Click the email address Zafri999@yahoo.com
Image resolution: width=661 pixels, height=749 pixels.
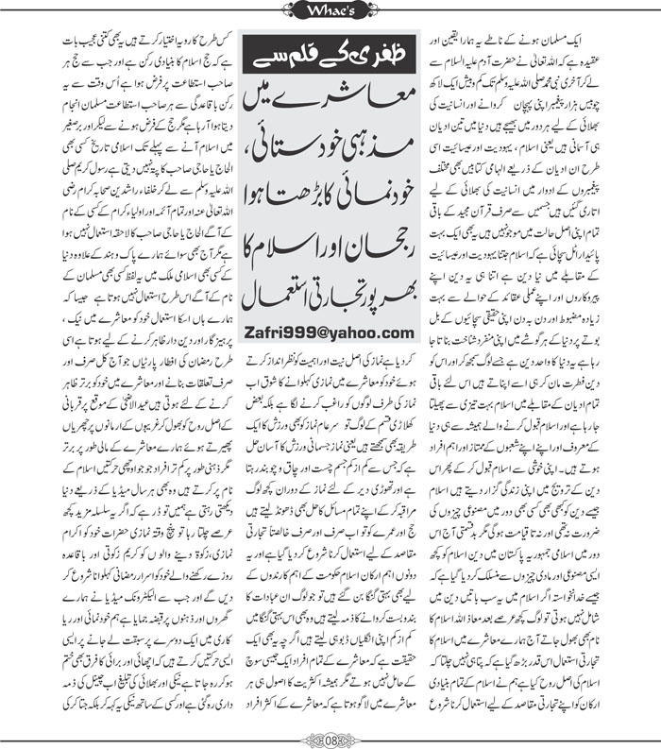326,331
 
